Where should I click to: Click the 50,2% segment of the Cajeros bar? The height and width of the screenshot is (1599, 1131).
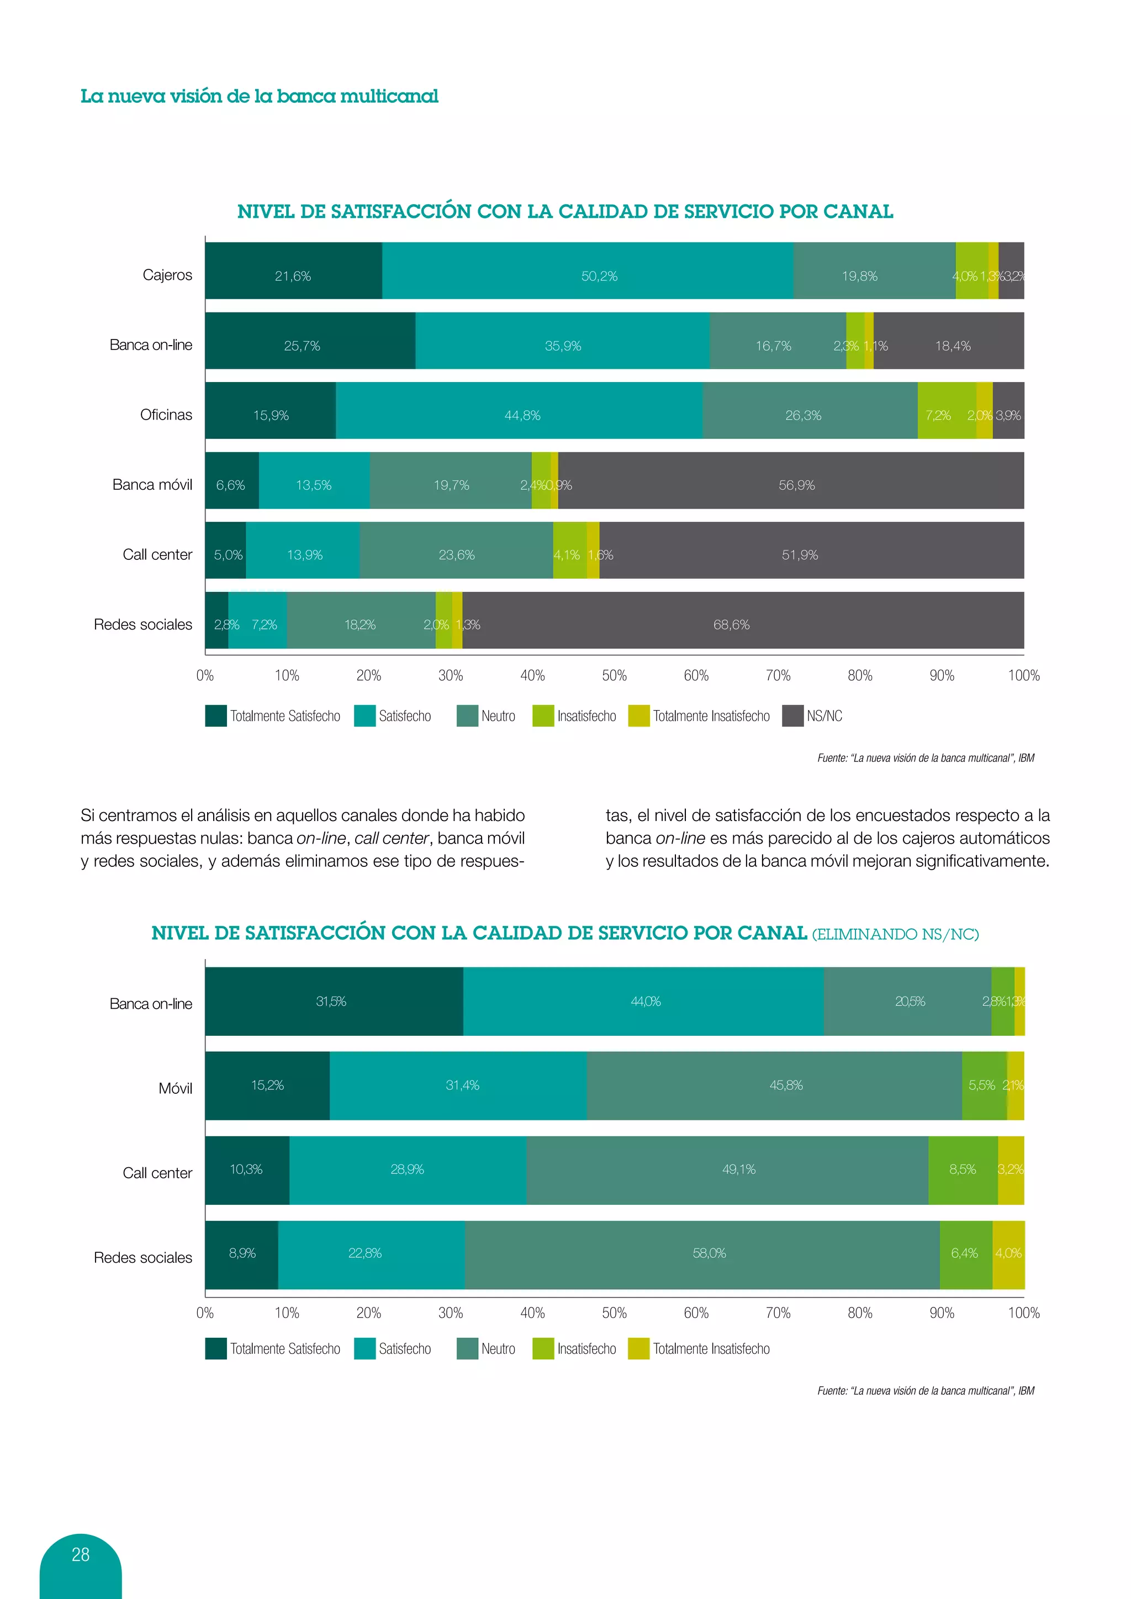[599, 276]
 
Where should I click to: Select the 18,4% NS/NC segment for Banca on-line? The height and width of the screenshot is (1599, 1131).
[952, 346]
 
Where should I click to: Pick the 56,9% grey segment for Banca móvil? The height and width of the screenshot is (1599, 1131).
[796, 485]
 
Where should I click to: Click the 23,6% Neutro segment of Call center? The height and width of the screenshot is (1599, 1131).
[456, 554]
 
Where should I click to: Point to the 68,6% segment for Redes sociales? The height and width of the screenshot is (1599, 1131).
[731, 624]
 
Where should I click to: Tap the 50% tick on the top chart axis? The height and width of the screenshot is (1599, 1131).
[614, 675]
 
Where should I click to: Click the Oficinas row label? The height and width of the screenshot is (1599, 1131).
[166, 415]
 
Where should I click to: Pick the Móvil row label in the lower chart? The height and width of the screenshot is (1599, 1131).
[175, 1088]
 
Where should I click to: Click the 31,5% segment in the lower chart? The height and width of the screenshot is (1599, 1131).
[331, 1002]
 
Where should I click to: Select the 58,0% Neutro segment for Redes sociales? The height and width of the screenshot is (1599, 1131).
[709, 1253]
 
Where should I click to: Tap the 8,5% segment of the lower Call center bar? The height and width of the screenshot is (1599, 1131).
[963, 1169]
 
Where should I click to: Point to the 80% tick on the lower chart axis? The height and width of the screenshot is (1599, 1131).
[860, 1313]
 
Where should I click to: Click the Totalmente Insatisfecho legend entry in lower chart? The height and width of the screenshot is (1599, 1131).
[699, 1349]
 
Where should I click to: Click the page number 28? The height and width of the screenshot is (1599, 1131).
[81, 1554]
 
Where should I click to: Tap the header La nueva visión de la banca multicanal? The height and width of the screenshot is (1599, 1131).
[259, 96]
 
